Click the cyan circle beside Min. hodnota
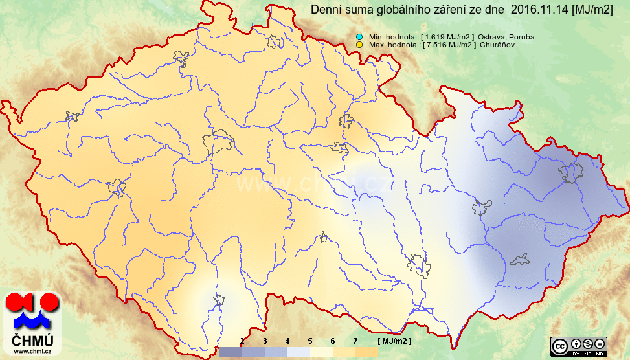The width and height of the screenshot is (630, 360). click(359, 37)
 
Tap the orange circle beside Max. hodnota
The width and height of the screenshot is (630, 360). click(359, 45)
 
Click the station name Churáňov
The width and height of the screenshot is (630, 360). click(498, 45)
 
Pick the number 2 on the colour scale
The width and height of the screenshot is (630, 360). click(242, 341)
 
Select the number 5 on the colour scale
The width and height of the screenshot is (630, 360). click(310, 341)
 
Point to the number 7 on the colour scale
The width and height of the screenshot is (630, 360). click(355, 341)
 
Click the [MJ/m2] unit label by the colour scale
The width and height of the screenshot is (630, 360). click(394, 341)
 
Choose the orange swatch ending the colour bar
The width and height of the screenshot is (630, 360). click(366, 352)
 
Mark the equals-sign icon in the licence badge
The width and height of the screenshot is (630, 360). click(600, 344)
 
